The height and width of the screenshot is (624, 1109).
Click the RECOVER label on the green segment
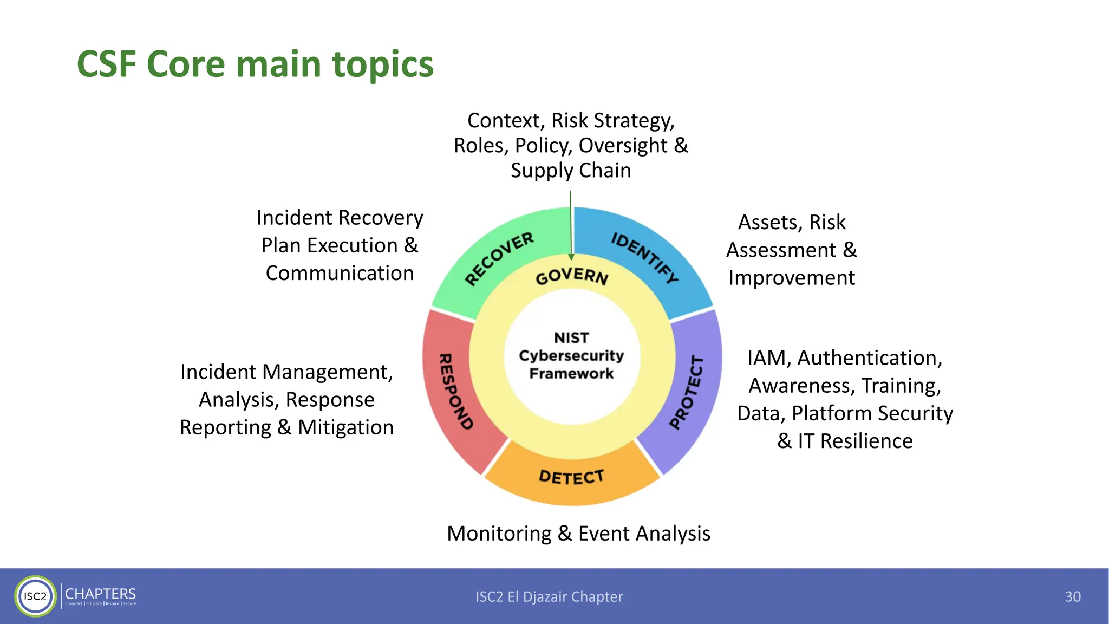(x=499, y=258)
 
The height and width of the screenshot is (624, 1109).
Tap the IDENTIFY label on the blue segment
(x=644, y=257)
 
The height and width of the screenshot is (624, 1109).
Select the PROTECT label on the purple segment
(x=687, y=392)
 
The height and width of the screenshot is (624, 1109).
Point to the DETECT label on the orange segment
(x=571, y=477)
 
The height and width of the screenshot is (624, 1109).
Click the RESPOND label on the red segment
(x=455, y=391)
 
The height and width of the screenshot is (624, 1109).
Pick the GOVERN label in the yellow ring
(x=572, y=276)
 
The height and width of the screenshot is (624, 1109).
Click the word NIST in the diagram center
(x=571, y=337)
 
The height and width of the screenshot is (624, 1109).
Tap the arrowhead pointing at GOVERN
(x=571, y=257)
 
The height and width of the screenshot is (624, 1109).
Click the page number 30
(x=1072, y=596)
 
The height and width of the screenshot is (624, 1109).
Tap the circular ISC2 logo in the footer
(x=35, y=596)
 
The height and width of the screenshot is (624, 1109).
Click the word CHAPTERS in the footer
(x=101, y=594)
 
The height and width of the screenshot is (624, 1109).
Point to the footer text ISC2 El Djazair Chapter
(x=549, y=596)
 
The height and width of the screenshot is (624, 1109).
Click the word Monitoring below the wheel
(x=499, y=534)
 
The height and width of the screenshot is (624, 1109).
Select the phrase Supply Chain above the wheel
(x=571, y=171)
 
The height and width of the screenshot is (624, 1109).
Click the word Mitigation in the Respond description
(x=345, y=427)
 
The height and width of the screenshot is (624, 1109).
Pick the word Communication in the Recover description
(x=340, y=273)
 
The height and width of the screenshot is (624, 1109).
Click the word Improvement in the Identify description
(x=791, y=278)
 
